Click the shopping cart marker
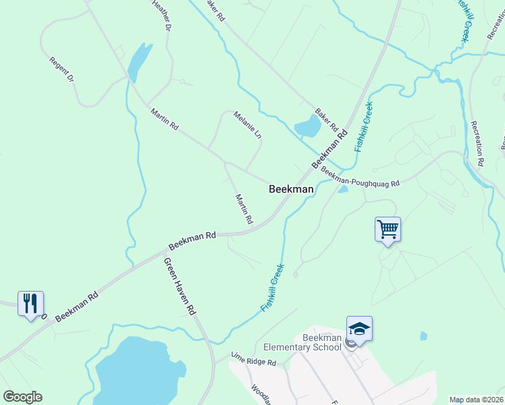(388, 230)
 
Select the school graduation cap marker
(359, 329)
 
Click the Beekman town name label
(291, 190)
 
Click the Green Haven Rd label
(180, 286)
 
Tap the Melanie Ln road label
(247, 125)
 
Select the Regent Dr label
(61, 70)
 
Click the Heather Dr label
(162, 15)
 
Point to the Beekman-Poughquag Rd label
(361, 178)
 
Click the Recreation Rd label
(478, 143)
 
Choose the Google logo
(22, 397)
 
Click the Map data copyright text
(475, 400)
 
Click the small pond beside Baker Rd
(307, 126)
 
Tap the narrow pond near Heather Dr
(137, 61)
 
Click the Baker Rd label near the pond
(326, 119)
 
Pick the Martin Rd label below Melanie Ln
(244, 209)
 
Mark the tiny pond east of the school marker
(423, 335)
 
